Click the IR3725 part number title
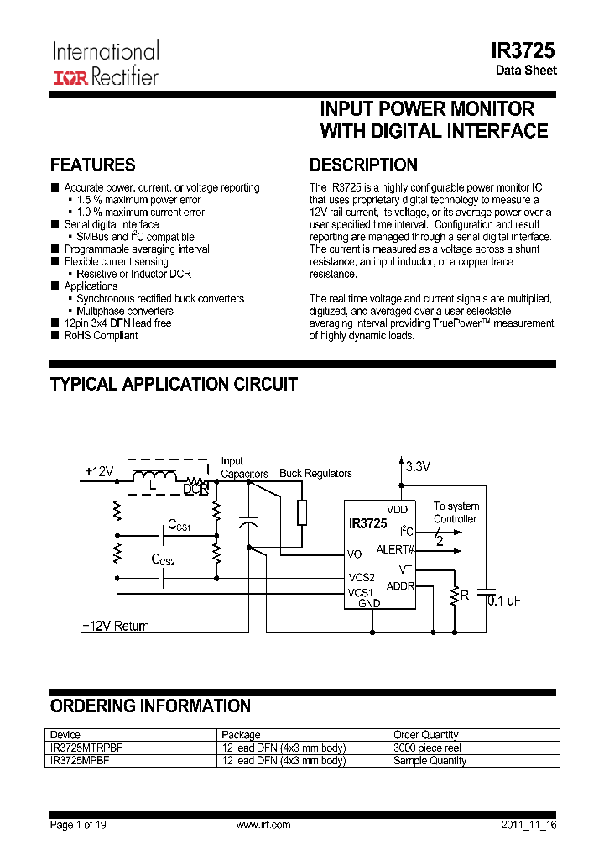pyautogui.click(x=523, y=50)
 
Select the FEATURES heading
pyautogui.click(x=92, y=165)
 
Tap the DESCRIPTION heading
pyautogui.click(x=363, y=165)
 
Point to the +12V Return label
pyautogui.click(x=116, y=626)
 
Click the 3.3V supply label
pyautogui.click(x=417, y=467)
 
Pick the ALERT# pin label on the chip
pyautogui.click(x=395, y=549)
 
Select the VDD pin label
pyautogui.click(x=397, y=510)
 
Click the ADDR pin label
pyautogui.click(x=399, y=585)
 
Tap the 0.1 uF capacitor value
pyautogui.click(x=503, y=600)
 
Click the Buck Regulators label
pyautogui.click(x=315, y=474)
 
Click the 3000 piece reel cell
pyautogui.click(x=427, y=748)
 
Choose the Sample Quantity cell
pyautogui.click(x=430, y=761)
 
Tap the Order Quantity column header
pyautogui.click(x=425, y=735)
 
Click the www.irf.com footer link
pyautogui.click(x=263, y=825)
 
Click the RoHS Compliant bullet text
pyautogui.click(x=101, y=336)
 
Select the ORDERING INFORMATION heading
pyautogui.click(x=150, y=706)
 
